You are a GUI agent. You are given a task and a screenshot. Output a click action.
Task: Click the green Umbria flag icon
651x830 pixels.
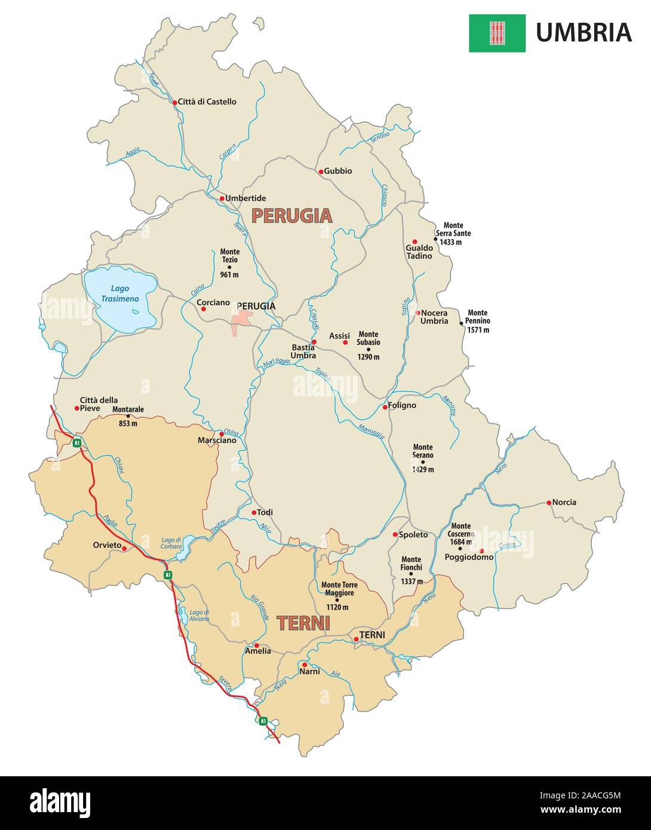(x=497, y=33)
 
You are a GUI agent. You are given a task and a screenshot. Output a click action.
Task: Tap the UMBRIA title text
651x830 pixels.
(x=583, y=32)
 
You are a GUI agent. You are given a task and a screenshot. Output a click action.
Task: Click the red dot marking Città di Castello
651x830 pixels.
(x=175, y=103)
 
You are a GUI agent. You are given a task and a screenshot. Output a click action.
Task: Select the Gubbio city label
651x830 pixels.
(x=338, y=171)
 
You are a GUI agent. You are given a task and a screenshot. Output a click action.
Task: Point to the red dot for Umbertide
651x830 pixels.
(x=221, y=198)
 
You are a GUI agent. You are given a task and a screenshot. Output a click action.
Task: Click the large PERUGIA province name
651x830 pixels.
(x=291, y=216)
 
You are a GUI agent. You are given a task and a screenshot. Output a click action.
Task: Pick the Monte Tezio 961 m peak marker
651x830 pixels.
(x=229, y=267)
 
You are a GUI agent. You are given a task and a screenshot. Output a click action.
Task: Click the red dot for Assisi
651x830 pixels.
(x=345, y=342)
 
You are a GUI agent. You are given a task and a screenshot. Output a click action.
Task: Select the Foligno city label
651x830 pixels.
(x=402, y=405)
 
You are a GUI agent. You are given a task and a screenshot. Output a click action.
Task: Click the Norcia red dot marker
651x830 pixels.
(x=549, y=503)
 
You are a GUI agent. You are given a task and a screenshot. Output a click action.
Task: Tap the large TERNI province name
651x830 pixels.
(x=303, y=623)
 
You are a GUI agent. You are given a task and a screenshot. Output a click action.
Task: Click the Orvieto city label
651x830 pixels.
(x=107, y=545)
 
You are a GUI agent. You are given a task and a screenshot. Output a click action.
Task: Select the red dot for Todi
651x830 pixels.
(x=253, y=512)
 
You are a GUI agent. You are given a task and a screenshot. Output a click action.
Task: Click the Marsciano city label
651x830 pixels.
(x=217, y=440)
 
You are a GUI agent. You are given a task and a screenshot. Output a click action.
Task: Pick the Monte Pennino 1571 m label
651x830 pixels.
(x=478, y=321)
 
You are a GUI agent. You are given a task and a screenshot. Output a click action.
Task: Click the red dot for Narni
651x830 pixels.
(x=304, y=665)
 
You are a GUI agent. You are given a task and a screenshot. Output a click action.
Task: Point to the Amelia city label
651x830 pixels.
(x=257, y=651)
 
